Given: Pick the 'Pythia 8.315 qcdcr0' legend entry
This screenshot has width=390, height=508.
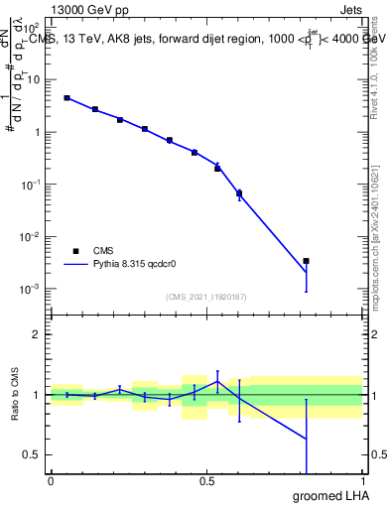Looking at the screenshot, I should [117, 265].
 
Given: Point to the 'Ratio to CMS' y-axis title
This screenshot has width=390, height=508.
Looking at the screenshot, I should [15, 395].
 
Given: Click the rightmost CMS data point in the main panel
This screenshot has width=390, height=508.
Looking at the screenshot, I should [307, 261].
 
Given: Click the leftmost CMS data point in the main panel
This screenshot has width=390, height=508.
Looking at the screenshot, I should [66, 98].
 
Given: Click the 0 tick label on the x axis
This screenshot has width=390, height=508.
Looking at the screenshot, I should [51, 481].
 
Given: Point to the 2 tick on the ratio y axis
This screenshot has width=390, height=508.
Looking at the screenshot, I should [38, 334].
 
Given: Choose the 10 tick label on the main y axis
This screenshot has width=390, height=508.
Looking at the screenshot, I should [32, 79].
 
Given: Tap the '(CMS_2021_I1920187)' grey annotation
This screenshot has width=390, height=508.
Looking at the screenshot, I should [206, 295].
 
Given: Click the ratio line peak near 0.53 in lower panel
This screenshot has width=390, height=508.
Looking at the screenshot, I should [217, 381].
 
